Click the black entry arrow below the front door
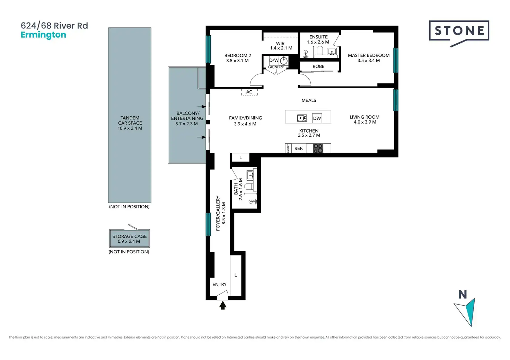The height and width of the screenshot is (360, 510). coord(223,305)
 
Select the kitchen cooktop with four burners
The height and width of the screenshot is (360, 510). coord(318,148)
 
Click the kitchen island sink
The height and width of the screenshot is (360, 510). coord(302,118)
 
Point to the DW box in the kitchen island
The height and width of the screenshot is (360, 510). coord(317,118)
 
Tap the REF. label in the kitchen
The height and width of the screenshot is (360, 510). coord(299,148)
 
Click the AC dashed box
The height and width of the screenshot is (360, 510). coord(249,92)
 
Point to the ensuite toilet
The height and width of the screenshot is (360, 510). coord(320,51)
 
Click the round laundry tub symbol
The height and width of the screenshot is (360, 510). coord(283,61)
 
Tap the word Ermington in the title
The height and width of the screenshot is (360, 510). coord(44,35)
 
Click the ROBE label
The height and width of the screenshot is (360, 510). coord(318,66)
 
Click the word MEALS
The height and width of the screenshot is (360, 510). coord(309,100)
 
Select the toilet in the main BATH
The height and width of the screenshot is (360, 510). coord(249,187)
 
